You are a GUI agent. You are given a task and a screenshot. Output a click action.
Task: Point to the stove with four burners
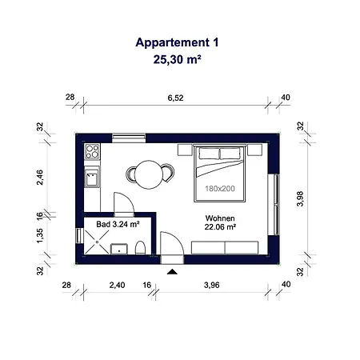pyautogui.click(x=91, y=150)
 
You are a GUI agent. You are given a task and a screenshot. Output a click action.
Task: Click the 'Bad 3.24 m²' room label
pyautogui.click(x=118, y=225)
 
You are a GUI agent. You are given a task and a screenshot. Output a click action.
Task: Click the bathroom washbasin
pyautogui.click(x=121, y=249)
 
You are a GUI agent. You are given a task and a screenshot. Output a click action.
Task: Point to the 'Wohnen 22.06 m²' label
pyautogui.click(x=219, y=222)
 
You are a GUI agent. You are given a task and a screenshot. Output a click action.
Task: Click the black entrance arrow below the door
pyautogui.click(x=171, y=273)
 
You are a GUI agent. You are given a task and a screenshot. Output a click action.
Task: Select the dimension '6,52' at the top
pyautogui.click(x=175, y=98)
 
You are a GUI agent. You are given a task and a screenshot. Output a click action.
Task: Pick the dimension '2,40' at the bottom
pyautogui.click(x=117, y=285)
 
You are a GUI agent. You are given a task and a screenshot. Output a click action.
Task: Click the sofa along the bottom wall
pyautogui.click(x=225, y=249)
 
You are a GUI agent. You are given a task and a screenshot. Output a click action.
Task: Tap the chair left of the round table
pyautogui.click(x=130, y=173)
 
